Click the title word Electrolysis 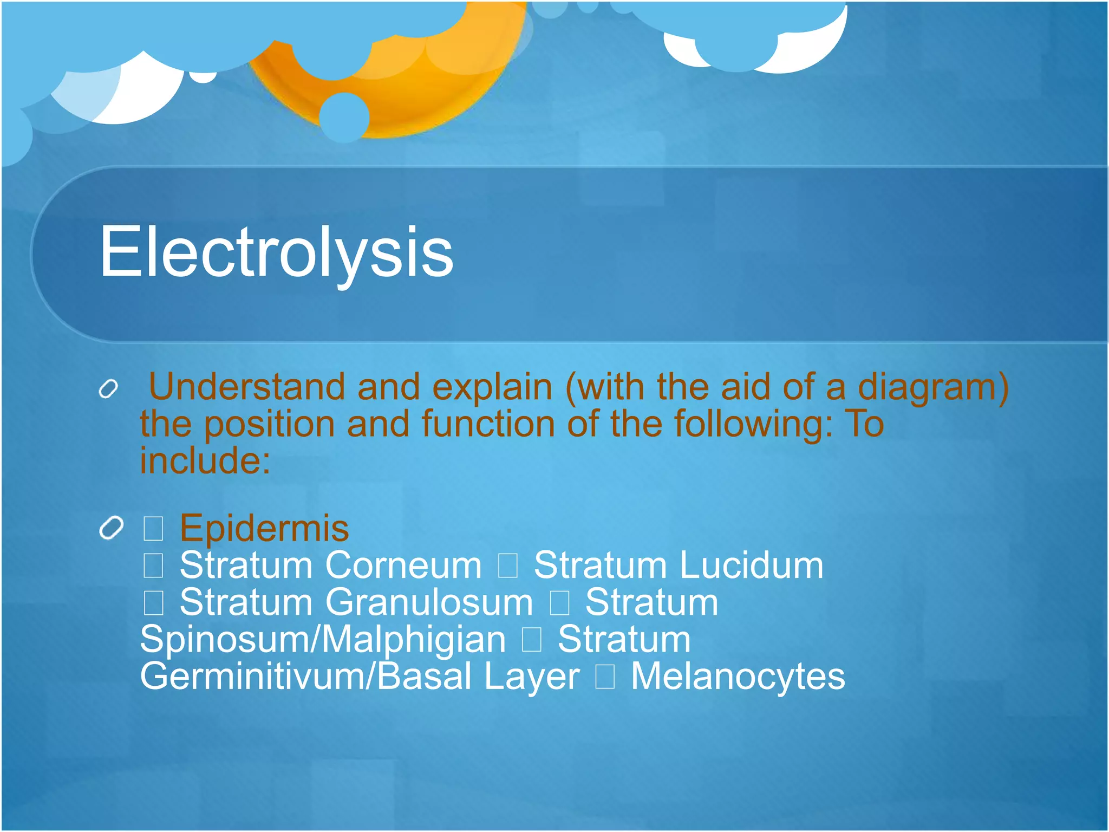click(276, 252)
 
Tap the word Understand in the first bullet click(246, 387)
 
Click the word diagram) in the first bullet click(933, 387)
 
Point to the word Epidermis click(264, 528)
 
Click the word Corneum click(403, 565)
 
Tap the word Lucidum click(751, 565)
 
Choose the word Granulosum click(429, 602)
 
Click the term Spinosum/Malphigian click(323, 640)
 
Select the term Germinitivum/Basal click(306, 677)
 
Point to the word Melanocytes click(738, 677)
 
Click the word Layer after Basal click(532, 677)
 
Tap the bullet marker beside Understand click(108, 389)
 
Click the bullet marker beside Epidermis click(112, 528)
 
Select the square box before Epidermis click(153, 529)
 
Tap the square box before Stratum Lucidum click(508, 566)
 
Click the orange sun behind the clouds click(433, 92)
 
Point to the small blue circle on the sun click(344, 117)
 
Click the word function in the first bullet click(488, 424)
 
